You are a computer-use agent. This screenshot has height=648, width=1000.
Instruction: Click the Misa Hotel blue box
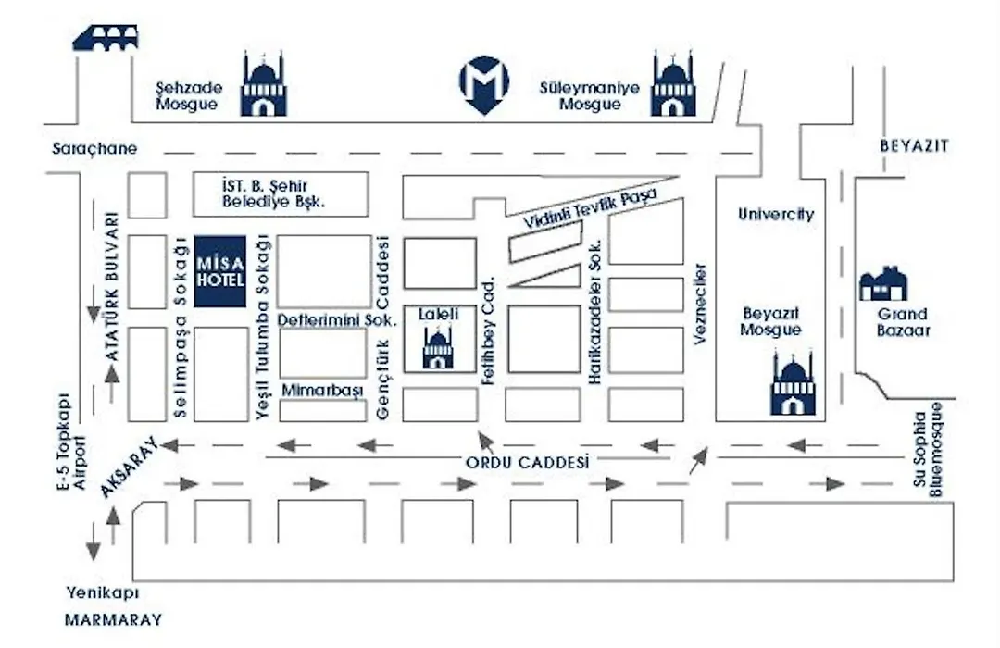(220, 271)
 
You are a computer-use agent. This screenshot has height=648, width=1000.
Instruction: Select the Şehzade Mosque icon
(263, 84)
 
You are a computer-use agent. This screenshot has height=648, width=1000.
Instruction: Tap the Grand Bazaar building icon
(883, 284)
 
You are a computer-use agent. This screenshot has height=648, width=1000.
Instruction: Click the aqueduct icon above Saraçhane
(106, 38)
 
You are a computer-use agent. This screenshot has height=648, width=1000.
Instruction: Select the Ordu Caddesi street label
(528, 462)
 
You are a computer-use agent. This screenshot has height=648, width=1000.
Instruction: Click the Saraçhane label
(94, 149)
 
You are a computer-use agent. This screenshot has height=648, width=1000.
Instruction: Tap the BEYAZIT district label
(914, 146)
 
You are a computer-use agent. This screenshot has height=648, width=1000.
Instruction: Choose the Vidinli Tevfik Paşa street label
(590, 208)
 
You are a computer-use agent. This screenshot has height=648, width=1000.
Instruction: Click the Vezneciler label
(700, 304)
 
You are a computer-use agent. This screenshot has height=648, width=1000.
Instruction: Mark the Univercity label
(776, 214)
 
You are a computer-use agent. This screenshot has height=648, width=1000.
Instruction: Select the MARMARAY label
(114, 619)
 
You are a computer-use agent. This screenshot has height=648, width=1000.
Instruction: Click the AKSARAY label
(129, 467)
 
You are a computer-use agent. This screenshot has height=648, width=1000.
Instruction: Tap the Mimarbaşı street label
(322, 391)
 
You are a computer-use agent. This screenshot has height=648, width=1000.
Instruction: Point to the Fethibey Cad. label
(489, 331)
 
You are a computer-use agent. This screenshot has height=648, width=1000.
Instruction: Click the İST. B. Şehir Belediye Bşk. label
(273, 193)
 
